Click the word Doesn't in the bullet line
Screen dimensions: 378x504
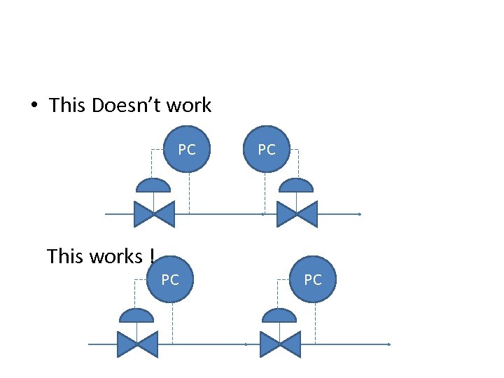point(132,106)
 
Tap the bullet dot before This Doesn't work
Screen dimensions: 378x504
point(33,106)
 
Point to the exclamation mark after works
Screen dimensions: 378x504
point(151,257)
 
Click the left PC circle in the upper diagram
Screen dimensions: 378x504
point(187,149)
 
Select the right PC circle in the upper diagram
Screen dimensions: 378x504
point(267,149)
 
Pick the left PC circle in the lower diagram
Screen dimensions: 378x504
point(170,280)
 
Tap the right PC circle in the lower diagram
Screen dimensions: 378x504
point(313,280)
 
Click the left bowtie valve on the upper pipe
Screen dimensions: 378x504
point(154,213)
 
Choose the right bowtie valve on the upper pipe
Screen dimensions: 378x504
point(297,213)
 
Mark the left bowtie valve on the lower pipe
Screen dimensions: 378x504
point(138,344)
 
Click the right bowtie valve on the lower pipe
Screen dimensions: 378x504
point(280,344)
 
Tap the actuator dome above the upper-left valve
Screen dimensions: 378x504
point(153,185)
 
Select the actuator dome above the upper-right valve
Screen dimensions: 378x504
point(296,185)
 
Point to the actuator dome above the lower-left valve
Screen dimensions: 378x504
point(136,316)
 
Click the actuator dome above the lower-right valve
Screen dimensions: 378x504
point(279,316)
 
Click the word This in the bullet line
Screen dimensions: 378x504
point(67,106)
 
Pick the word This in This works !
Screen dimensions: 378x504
point(65,257)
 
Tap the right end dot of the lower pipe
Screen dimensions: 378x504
point(388,344)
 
